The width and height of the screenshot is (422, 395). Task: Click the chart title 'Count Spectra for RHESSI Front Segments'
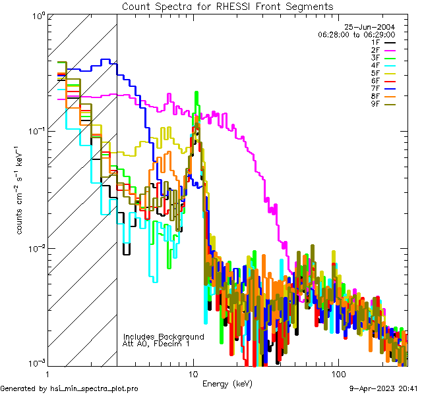(x=228, y=6)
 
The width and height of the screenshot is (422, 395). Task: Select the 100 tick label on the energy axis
(x=338, y=373)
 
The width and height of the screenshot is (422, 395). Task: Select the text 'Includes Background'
(x=164, y=336)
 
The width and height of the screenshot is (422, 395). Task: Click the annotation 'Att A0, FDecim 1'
(x=156, y=344)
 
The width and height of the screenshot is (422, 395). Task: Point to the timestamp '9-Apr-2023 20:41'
(x=383, y=388)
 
